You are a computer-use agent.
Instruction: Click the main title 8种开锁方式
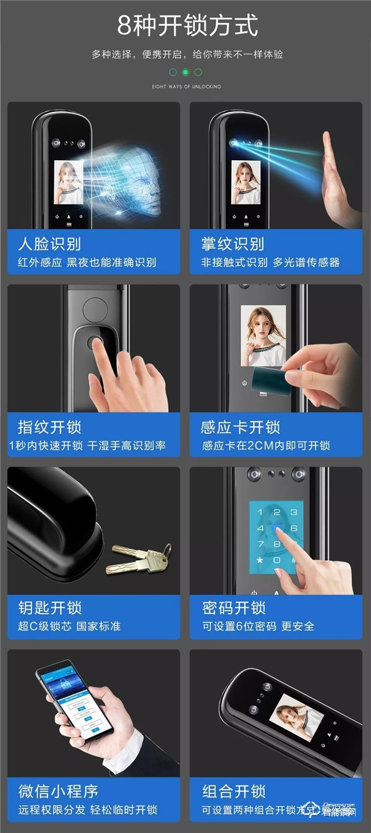coord(187,26)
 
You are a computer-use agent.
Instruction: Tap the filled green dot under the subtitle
coord(185,72)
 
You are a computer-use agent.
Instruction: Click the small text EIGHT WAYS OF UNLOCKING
coord(186,87)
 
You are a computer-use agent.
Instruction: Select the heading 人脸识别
coord(49,244)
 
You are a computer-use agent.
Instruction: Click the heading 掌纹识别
coord(232,244)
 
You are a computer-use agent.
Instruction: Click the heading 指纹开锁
coord(49,427)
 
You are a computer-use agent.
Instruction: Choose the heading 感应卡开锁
coord(241,427)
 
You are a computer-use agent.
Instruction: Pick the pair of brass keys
coord(139,557)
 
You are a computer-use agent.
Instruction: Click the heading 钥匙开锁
coord(49,608)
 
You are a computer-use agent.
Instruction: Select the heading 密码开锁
coord(234,608)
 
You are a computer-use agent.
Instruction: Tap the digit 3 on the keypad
coord(294,512)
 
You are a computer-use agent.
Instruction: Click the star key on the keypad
coord(260,560)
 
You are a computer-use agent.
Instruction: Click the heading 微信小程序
coord(58,791)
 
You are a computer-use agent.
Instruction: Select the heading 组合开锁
coord(234,791)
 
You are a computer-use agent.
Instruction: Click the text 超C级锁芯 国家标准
coord(69,626)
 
